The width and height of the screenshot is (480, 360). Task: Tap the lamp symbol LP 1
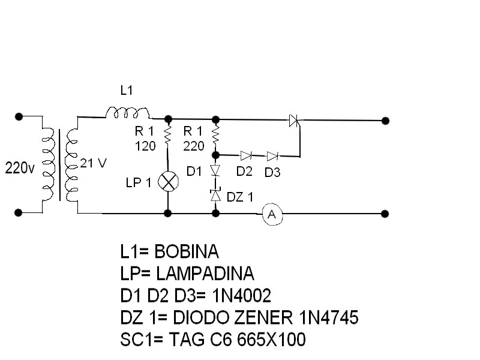(168, 182)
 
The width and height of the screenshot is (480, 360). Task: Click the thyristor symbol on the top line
(294, 121)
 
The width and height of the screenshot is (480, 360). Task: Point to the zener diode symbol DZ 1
(215, 196)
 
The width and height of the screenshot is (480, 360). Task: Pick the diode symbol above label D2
(245, 155)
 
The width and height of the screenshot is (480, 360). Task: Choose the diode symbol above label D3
(272, 156)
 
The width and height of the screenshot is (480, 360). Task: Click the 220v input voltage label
(20, 168)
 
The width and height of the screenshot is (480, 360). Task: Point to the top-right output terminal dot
(385, 121)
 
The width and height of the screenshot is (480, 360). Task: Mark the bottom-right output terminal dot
(385, 214)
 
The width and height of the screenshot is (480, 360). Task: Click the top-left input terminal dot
(19, 116)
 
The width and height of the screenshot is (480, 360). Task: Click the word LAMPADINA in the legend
(205, 274)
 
